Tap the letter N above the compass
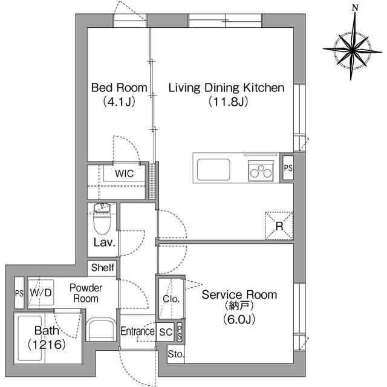[x=356, y=8]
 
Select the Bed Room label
[x=119, y=88]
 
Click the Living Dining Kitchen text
[x=226, y=88]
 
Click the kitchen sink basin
[x=213, y=167]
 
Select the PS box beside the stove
[x=288, y=168]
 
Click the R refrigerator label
[x=279, y=226]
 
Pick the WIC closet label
[x=125, y=174]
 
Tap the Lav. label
[x=105, y=244]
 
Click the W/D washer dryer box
[x=41, y=293]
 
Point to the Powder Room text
[x=85, y=293]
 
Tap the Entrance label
[x=137, y=331]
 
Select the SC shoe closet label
[x=165, y=331]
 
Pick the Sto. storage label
[x=176, y=354]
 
